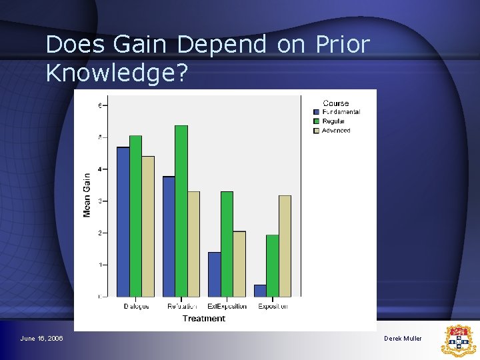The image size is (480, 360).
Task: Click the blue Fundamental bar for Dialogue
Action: pos(123,222)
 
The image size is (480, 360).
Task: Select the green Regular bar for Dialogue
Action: pos(135,216)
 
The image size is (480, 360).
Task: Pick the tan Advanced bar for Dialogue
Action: pos(148,227)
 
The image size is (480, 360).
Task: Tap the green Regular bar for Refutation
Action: pos(181,211)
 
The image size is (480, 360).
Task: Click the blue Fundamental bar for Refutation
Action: pos(169,237)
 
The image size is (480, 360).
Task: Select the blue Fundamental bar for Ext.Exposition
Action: pos(214,274)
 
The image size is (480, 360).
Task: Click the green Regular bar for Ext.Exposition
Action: pos(227,244)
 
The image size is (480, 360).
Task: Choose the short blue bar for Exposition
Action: pos(260,291)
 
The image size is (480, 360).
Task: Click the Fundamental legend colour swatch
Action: pos(317,112)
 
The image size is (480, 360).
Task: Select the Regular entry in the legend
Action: pos(333,121)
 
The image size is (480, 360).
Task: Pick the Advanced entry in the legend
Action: pos(336,131)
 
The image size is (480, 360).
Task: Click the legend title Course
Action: pos(335,103)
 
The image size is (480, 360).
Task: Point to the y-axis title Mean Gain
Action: pos(87,195)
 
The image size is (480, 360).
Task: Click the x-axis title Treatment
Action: pos(204,319)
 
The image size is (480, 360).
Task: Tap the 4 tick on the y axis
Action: pos(100,169)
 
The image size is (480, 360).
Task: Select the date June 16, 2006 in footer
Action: pos(42,339)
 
